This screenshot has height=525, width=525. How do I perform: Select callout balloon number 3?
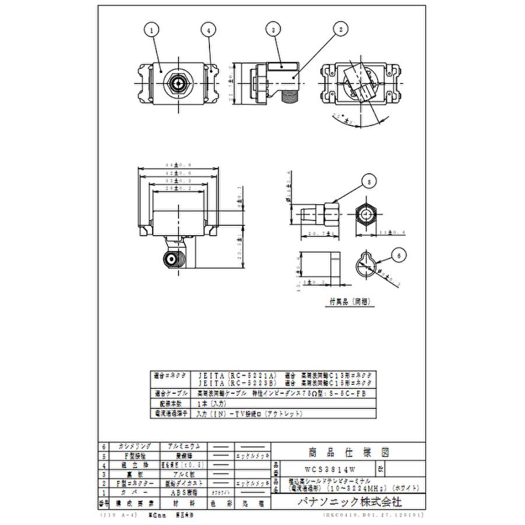pos(272,28)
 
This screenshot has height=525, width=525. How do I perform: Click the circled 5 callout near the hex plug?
pos(368,181)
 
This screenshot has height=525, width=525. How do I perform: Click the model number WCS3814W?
pos(331,468)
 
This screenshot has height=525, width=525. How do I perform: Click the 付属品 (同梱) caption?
pos(349,303)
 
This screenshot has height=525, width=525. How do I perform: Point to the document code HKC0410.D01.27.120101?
pos(373,516)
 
